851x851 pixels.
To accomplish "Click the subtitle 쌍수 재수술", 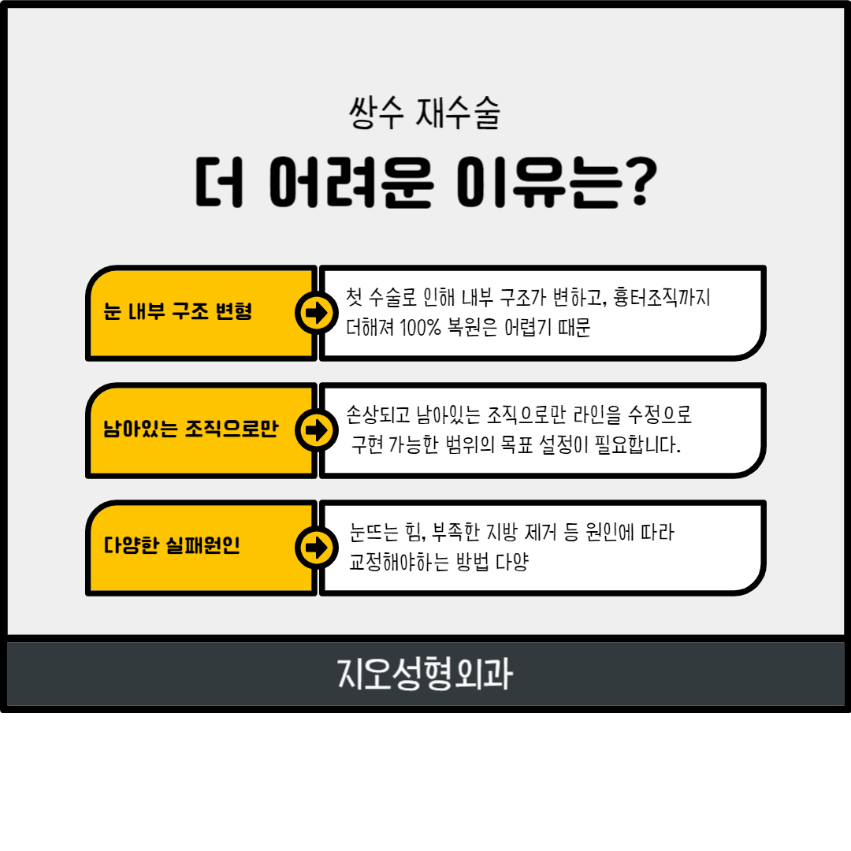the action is pyautogui.click(x=424, y=114).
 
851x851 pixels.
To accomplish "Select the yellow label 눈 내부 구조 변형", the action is pyautogui.click(x=178, y=312).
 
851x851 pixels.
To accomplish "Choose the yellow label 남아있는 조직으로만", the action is pyautogui.click(x=191, y=430).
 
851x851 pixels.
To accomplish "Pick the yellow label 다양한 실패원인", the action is pyautogui.click(x=172, y=546).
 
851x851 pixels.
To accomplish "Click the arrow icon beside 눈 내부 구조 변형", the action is pyautogui.click(x=317, y=313).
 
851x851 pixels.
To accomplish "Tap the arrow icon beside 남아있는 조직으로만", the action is pyautogui.click(x=317, y=430).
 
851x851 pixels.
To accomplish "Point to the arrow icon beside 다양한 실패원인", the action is pyautogui.click(x=317, y=547).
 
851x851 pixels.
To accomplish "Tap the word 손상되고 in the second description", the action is pyautogui.click(x=377, y=414).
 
